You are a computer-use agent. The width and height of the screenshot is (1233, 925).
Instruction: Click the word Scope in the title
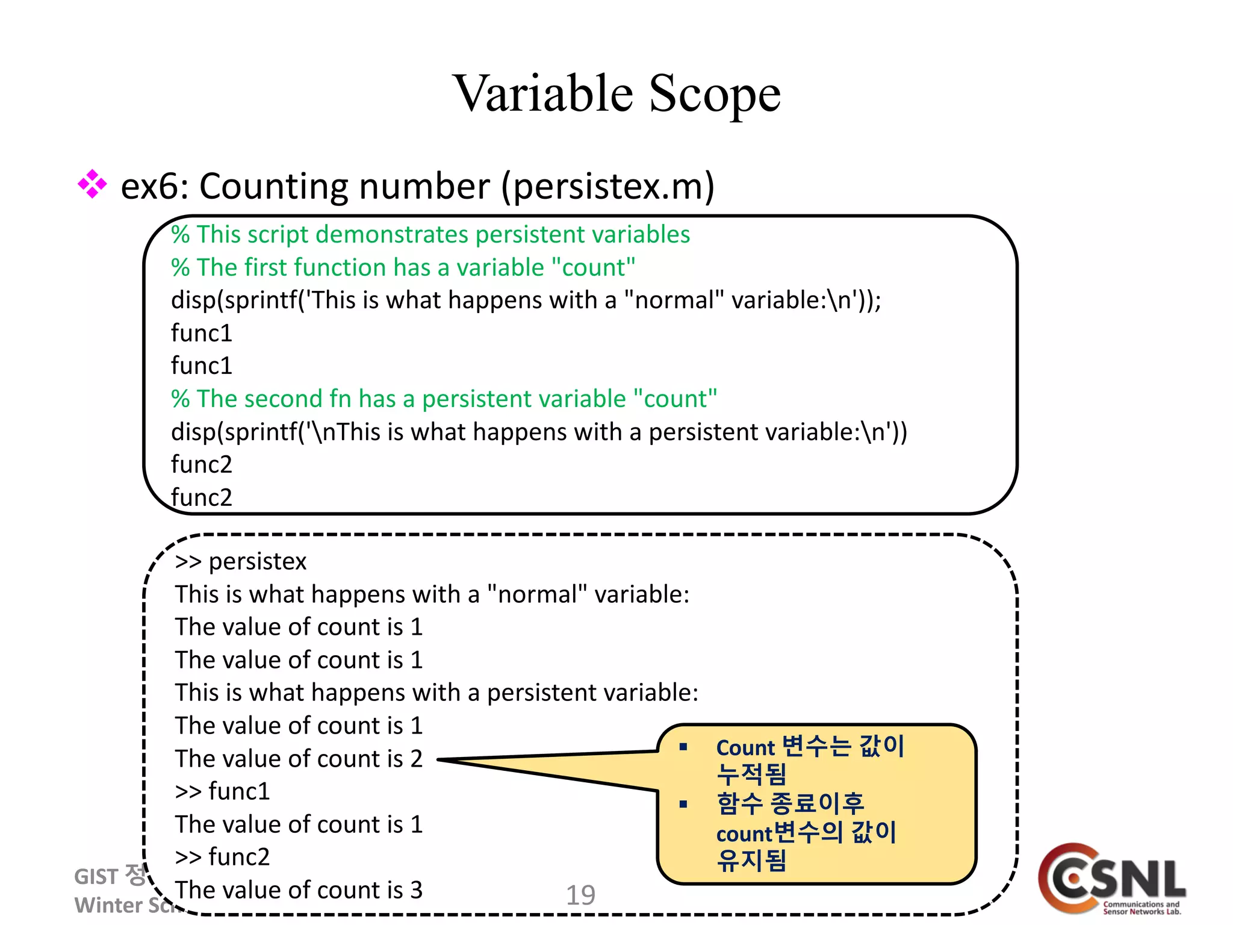(x=715, y=94)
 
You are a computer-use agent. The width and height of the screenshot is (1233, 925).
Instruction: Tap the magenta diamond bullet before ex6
(x=92, y=184)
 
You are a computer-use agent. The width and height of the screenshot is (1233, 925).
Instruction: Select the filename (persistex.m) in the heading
(x=608, y=187)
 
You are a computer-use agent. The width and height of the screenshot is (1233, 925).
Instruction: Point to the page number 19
(x=580, y=895)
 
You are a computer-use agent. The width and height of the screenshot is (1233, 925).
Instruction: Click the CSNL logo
(x=1113, y=880)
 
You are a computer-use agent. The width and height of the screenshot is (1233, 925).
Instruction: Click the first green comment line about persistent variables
(x=430, y=234)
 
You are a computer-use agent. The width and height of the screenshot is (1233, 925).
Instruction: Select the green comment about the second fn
(x=444, y=399)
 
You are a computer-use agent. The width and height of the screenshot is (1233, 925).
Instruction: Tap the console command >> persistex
(x=241, y=561)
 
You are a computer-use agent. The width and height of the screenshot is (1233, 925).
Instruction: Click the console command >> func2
(x=222, y=857)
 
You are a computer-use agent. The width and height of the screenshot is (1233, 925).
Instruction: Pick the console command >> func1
(x=222, y=791)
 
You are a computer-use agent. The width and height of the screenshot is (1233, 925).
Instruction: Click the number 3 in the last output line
(x=417, y=890)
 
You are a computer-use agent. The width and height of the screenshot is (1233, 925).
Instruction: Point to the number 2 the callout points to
(x=417, y=759)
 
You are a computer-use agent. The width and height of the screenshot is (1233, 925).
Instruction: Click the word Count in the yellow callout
(x=745, y=748)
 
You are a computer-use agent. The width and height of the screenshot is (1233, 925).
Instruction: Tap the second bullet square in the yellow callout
(x=683, y=804)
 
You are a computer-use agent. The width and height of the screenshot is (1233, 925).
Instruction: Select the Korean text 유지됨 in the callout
(x=751, y=860)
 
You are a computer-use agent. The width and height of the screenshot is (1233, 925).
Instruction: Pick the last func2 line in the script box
(x=202, y=497)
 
